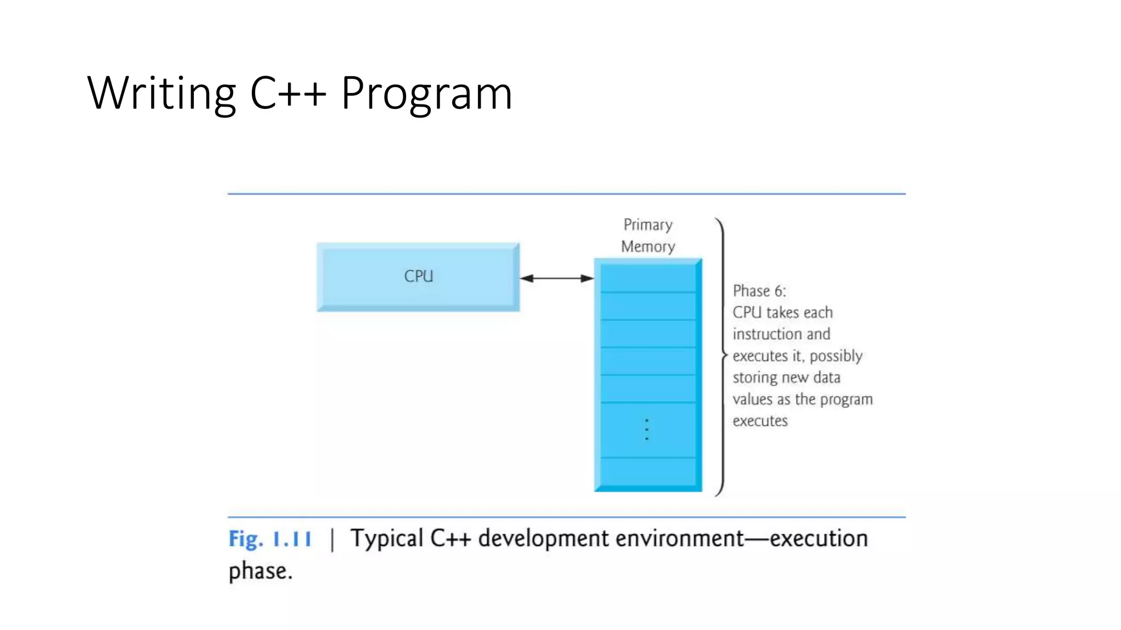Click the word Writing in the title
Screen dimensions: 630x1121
[x=161, y=94]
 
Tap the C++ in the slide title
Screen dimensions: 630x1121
[x=288, y=94]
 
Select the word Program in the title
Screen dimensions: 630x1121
[x=426, y=94]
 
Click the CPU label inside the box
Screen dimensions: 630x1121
[x=418, y=276]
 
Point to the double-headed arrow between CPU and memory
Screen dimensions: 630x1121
[x=557, y=278]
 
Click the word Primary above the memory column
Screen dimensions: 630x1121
[x=648, y=225]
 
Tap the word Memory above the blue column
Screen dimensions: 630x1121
[x=648, y=247]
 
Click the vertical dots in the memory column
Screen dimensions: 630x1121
[x=646, y=429]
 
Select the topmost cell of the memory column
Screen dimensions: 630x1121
[x=648, y=278]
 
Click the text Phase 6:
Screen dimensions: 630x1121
[x=759, y=291]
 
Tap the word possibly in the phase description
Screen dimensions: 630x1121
[x=836, y=357]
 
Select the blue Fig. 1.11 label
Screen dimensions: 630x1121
[x=270, y=539]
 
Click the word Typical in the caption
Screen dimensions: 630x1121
[x=387, y=539]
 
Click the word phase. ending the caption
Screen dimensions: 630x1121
[x=261, y=571]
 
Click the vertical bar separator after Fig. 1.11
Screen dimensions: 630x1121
[x=332, y=540]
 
